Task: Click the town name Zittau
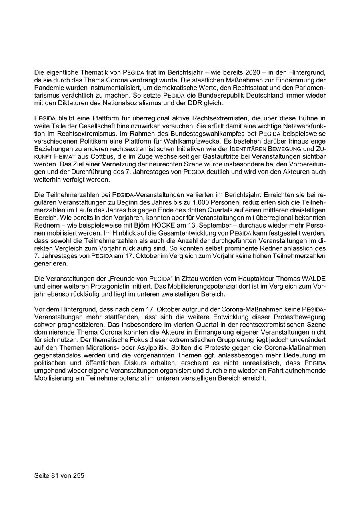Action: click(x=192, y=278)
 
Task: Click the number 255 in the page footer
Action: click(x=78, y=475)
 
